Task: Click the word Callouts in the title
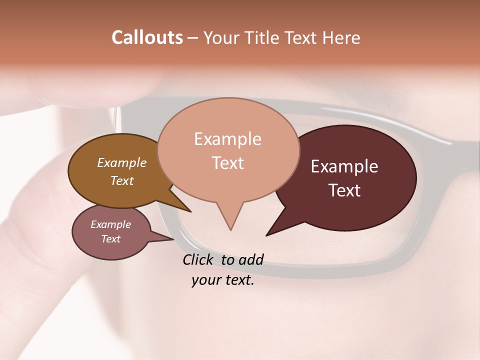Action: point(147,38)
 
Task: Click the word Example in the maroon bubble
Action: point(344,166)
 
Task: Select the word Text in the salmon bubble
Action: point(228,162)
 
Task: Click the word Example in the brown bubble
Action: point(122,162)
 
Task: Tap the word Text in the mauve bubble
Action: point(111,239)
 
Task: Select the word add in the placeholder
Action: point(250,259)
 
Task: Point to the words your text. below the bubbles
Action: point(223,280)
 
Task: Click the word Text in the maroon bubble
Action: point(344,190)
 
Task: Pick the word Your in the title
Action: point(221,38)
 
